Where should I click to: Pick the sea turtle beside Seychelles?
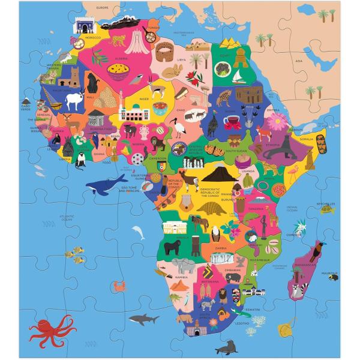pos(328,209)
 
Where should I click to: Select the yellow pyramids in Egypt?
pos(214,43)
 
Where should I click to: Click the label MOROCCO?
pos(93,38)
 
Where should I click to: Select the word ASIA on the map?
pos(299,60)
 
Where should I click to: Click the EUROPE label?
pos(103,8)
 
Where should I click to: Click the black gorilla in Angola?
pos(175,247)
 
